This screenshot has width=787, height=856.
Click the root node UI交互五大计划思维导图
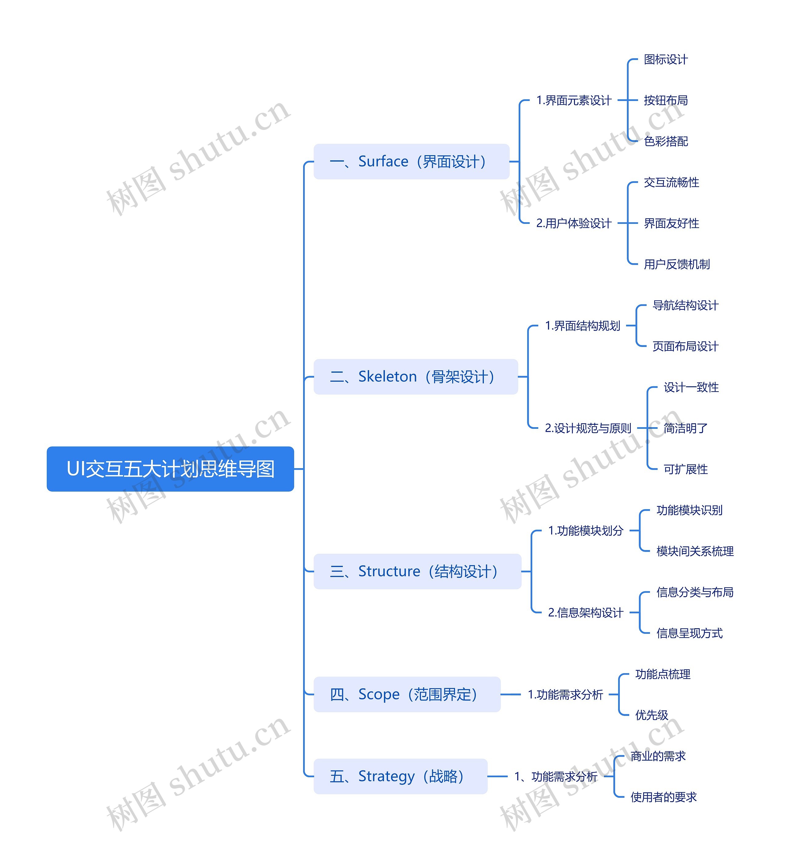click(170, 469)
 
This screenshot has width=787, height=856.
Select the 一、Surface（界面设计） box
click(411, 162)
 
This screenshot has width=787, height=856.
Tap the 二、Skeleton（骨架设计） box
click(416, 377)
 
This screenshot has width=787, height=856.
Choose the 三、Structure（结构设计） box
click(417, 571)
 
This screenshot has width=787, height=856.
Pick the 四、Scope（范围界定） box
click(407, 694)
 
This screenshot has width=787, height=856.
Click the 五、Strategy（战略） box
click(400, 776)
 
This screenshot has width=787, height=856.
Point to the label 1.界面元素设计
click(574, 101)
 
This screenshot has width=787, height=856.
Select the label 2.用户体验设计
click(574, 223)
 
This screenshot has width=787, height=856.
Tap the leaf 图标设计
click(666, 60)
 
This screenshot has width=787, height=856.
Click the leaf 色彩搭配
click(666, 142)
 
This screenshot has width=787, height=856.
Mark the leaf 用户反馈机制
click(677, 264)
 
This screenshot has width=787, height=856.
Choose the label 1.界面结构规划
click(582, 326)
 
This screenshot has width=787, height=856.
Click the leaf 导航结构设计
click(685, 306)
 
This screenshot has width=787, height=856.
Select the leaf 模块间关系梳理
click(695, 551)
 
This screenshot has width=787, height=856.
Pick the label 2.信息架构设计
click(586, 613)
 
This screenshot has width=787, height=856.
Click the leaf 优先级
click(651, 715)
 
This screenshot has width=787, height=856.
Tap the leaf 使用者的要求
click(663, 797)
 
